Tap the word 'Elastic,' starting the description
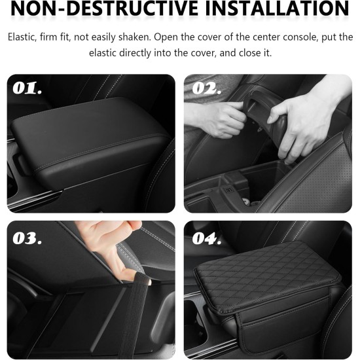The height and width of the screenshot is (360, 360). point(25,37)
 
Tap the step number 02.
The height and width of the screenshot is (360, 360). point(207,88)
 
